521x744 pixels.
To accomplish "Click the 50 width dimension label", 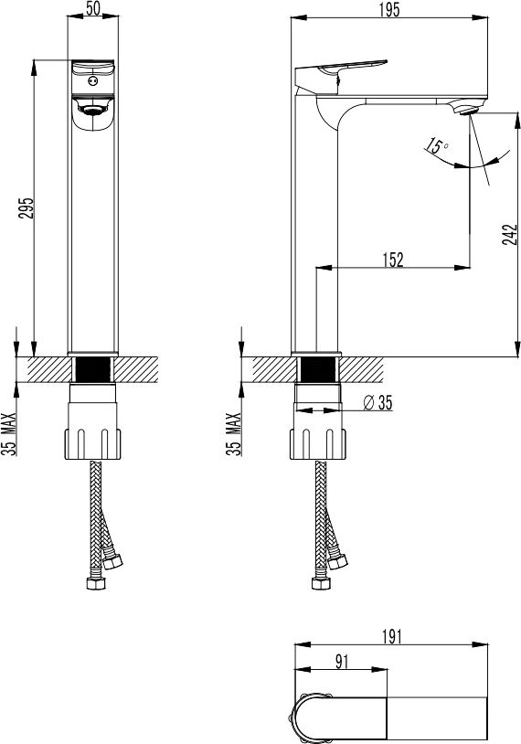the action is click(x=93, y=8).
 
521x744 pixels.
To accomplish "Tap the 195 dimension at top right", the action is click(x=389, y=9).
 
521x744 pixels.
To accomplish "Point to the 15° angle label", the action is click(x=436, y=145).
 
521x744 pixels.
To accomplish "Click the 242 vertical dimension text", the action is click(x=509, y=234).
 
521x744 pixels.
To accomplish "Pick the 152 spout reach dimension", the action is click(x=393, y=260).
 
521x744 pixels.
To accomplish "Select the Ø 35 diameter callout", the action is click(x=378, y=402).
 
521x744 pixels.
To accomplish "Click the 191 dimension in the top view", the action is click(x=392, y=636).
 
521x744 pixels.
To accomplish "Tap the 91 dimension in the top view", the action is click(x=342, y=662).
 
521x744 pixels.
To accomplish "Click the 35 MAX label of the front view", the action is click(x=9, y=434).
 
